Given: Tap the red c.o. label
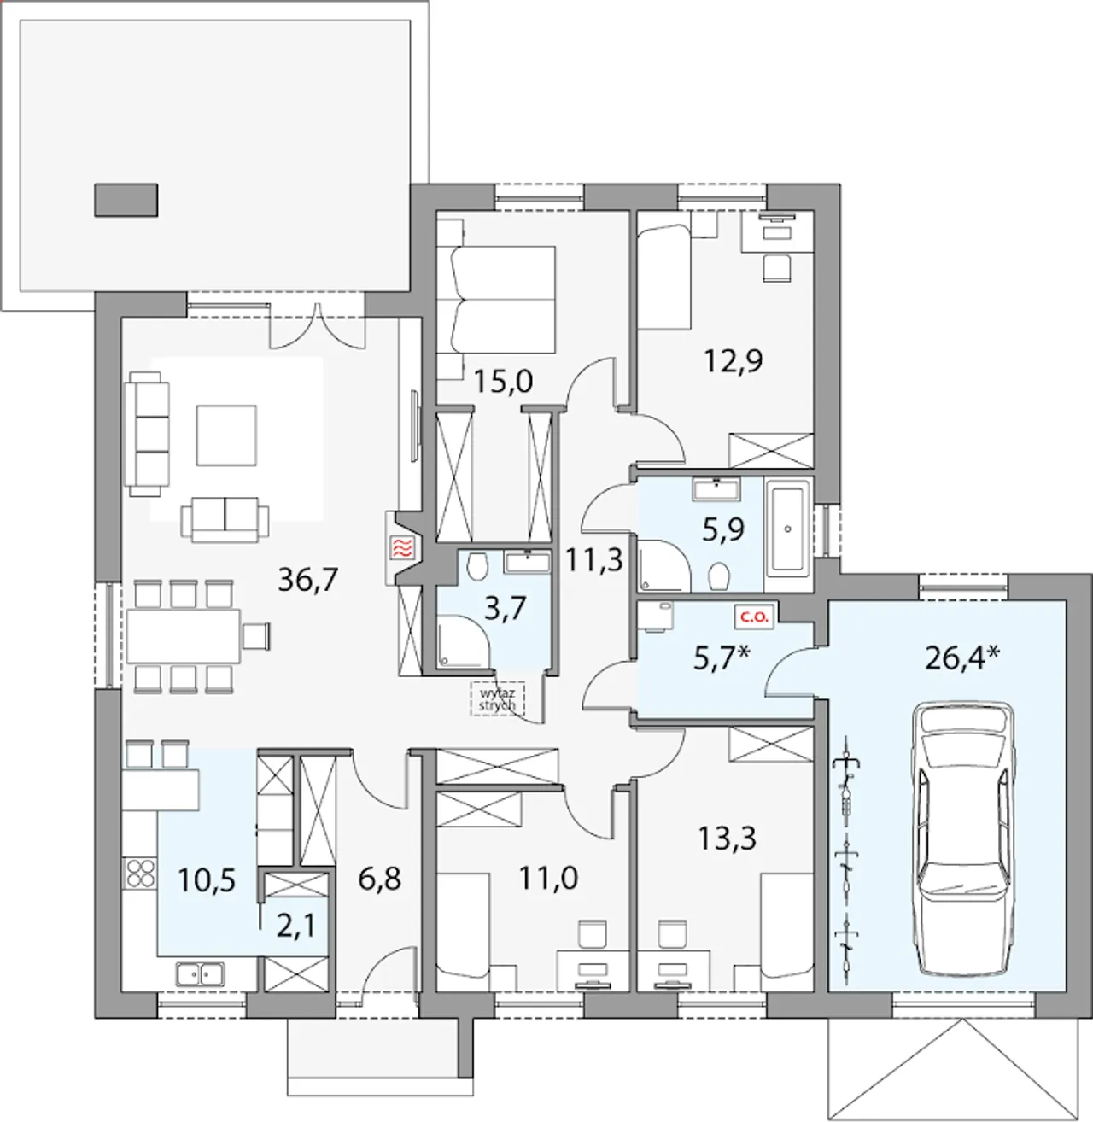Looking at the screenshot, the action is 755,617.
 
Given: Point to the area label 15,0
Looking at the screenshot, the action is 503,381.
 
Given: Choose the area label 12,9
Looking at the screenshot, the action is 734,361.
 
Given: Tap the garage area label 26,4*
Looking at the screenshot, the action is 962,658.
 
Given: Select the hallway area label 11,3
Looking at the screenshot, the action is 593,559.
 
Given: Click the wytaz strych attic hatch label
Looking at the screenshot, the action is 496,699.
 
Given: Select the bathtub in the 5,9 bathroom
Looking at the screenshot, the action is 789,530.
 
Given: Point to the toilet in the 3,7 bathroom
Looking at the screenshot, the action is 476,566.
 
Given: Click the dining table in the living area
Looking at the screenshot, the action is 184,636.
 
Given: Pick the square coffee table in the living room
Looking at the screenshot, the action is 226,435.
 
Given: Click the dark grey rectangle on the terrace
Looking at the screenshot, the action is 126,200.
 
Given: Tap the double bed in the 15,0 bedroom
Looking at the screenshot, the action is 500,299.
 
